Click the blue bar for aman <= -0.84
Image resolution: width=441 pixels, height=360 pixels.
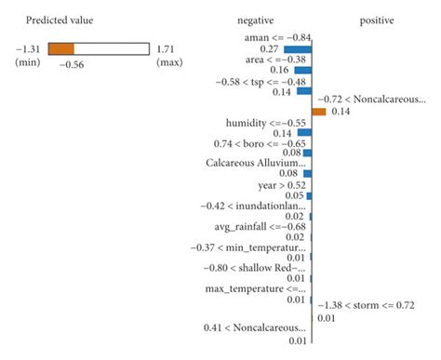click(298, 48)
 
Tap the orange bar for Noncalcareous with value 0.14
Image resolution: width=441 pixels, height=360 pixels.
click(318, 111)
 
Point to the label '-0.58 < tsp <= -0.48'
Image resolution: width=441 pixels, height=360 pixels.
click(260, 80)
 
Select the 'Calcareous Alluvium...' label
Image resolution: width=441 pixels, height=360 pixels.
click(256, 163)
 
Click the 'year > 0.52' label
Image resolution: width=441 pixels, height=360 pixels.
click(283, 184)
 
